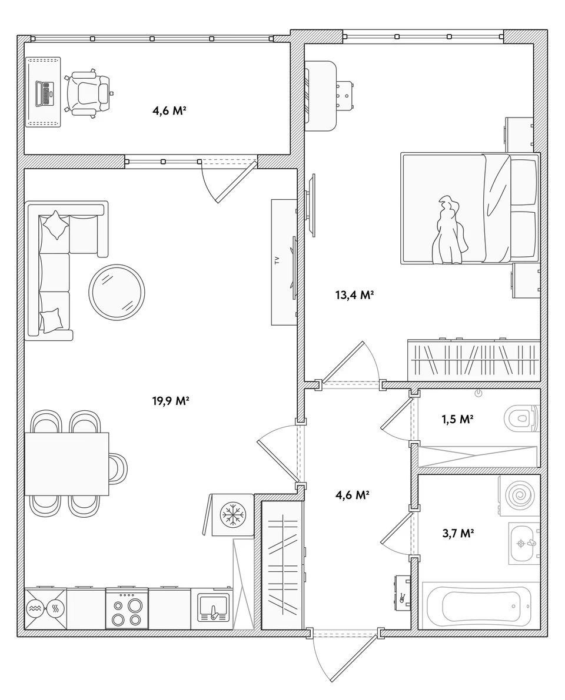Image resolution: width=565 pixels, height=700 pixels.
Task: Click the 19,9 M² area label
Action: [x=171, y=401]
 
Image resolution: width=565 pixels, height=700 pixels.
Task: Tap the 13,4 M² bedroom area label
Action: [x=354, y=294]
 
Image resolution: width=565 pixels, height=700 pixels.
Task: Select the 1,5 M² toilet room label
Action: [x=457, y=419]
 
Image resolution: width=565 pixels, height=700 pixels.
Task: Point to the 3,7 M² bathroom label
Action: [x=458, y=533]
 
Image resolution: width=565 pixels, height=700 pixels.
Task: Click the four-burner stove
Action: [x=127, y=609]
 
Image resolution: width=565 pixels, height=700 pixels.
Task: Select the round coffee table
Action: [x=117, y=293]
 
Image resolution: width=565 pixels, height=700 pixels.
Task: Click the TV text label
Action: [x=277, y=261]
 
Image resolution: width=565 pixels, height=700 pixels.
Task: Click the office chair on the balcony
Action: [x=88, y=93]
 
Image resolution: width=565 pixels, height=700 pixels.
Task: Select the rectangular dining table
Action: [x=67, y=464]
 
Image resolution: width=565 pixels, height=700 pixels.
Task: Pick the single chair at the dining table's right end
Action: [x=118, y=468]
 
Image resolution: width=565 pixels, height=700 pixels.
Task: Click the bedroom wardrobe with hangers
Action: [x=474, y=360]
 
